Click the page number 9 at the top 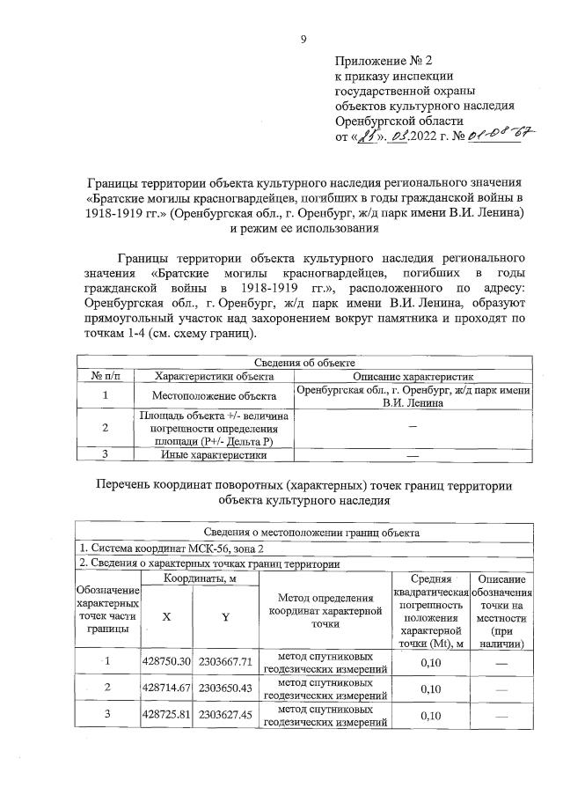(303, 38)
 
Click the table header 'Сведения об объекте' (304, 363)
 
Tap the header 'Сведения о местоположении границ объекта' (304, 532)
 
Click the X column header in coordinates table (165, 616)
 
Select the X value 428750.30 (166, 661)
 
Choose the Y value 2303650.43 (224, 687)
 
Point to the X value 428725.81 (166, 715)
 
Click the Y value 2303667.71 (224, 661)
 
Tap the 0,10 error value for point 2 (430, 688)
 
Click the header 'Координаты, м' (195, 578)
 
